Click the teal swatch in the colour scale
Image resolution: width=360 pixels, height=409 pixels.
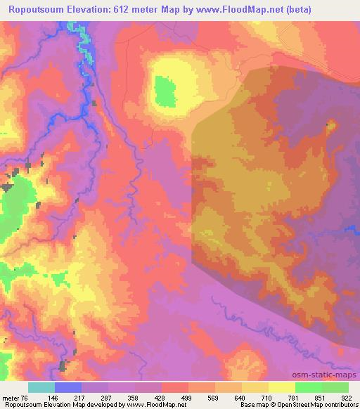click(41, 387)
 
